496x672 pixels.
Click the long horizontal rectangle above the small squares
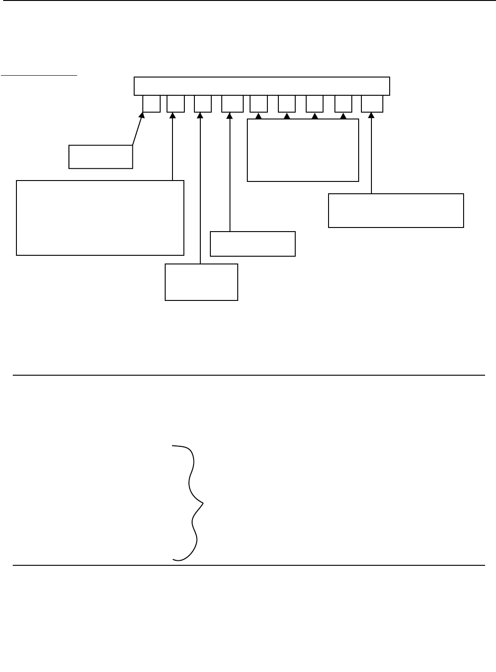pyautogui.click(x=261, y=86)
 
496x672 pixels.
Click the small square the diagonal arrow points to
pyautogui.click(x=151, y=103)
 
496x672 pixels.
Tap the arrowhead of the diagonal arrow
pyautogui.click(x=142, y=115)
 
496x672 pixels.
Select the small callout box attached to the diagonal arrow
pyautogui.click(x=100, y=157)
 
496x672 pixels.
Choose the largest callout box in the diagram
pyautogui.click(x=100, y=217)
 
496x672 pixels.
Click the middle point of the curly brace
pyautogui.click(x=202, y=503)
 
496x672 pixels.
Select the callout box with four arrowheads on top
pyautogui.click(x=303, y=150)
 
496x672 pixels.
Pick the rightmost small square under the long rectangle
pyautogui.click(x=372, y=103)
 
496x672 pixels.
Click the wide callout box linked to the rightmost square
pyautogui.click(x=396, y=210)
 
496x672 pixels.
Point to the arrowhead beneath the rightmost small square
pyautogui.click(x=371, y=115)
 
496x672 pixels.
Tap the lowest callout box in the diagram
pyautogui.click(x=201, y=282)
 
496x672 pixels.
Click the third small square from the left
pyautogui.click(x=203, y=103)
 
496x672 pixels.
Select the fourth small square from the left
pyautogui.click(x=232, y=103)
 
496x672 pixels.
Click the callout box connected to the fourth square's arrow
pyautogui.click(x=252, y=244)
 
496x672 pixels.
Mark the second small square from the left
pyautogui.click(x=176, y=103)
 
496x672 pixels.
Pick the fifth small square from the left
pyautogui.click(x=259, y=103)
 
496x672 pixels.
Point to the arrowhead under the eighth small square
pyautogui.click(x=343, y=116)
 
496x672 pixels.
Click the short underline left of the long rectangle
pyautogui.click(x=39, y=74)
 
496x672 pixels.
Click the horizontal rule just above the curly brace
pyautogui.click(x=248, y=375)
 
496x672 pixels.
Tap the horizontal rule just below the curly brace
pyautogui.click(x=248, y=565)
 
